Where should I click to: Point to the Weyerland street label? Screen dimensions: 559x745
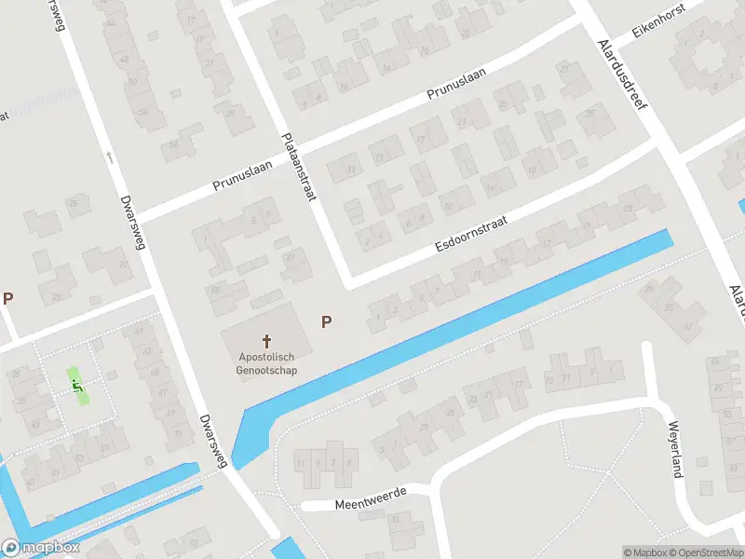pos(673,449)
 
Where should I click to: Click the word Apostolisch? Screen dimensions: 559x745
pos(267,357)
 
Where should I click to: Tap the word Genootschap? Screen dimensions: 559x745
pos(267,370)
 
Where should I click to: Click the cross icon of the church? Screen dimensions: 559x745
pos(267,341)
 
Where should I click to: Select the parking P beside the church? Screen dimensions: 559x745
pos(327,321)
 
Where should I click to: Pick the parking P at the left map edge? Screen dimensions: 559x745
pos(8,299)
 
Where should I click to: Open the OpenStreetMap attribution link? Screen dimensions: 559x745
pos(705,552)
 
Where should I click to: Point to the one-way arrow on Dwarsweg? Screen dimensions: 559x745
pos(110,157)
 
